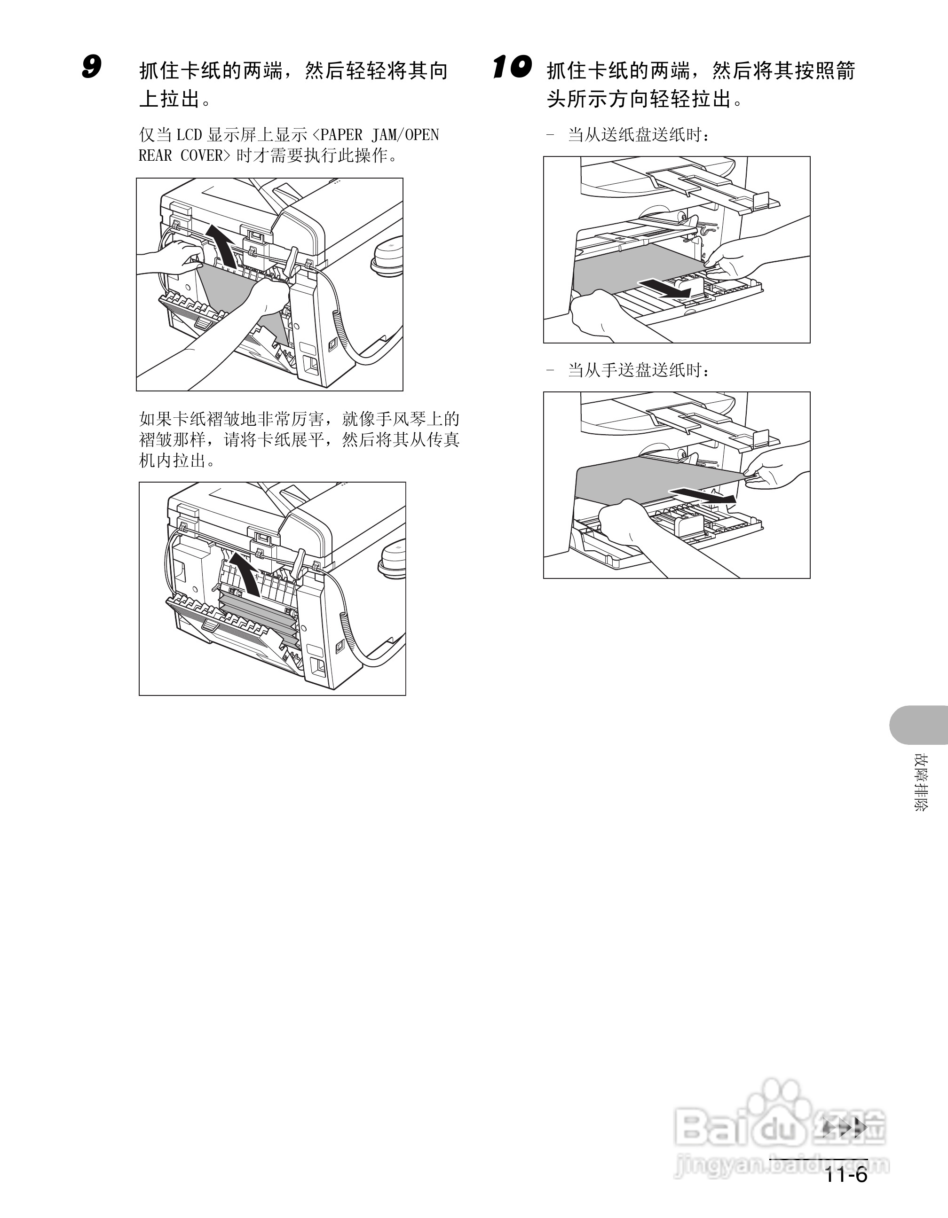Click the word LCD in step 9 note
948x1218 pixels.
(189, 135)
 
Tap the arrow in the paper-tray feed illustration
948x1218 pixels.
(664, 288)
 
